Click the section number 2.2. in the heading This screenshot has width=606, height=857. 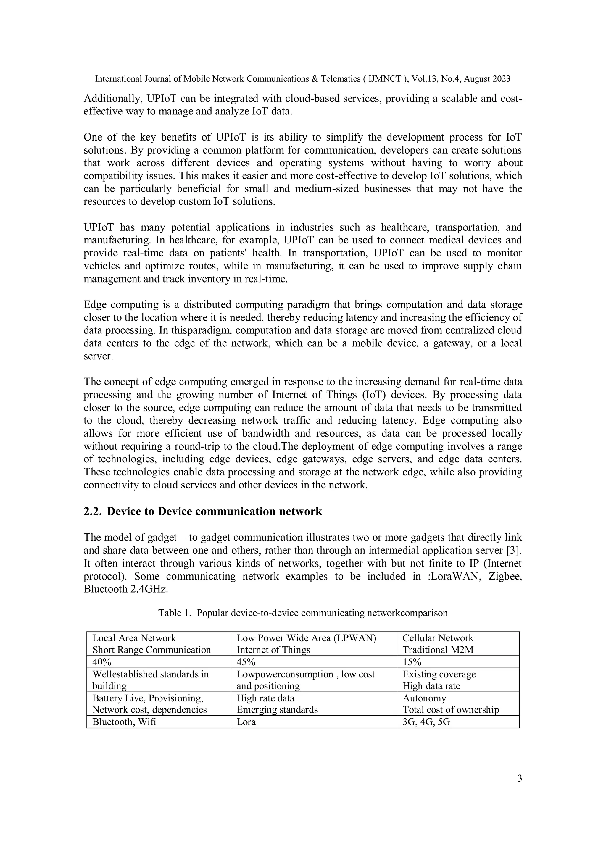point(93,511)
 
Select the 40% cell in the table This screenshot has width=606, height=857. point(101,662)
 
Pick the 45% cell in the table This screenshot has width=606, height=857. point(246,662)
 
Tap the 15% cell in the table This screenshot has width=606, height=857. point(412,662)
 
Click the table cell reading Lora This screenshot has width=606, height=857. point(246,722)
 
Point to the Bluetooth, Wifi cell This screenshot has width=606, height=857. point(124,722)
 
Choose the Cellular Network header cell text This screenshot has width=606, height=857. point(438,638)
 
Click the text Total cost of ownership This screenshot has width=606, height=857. point(450,710)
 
